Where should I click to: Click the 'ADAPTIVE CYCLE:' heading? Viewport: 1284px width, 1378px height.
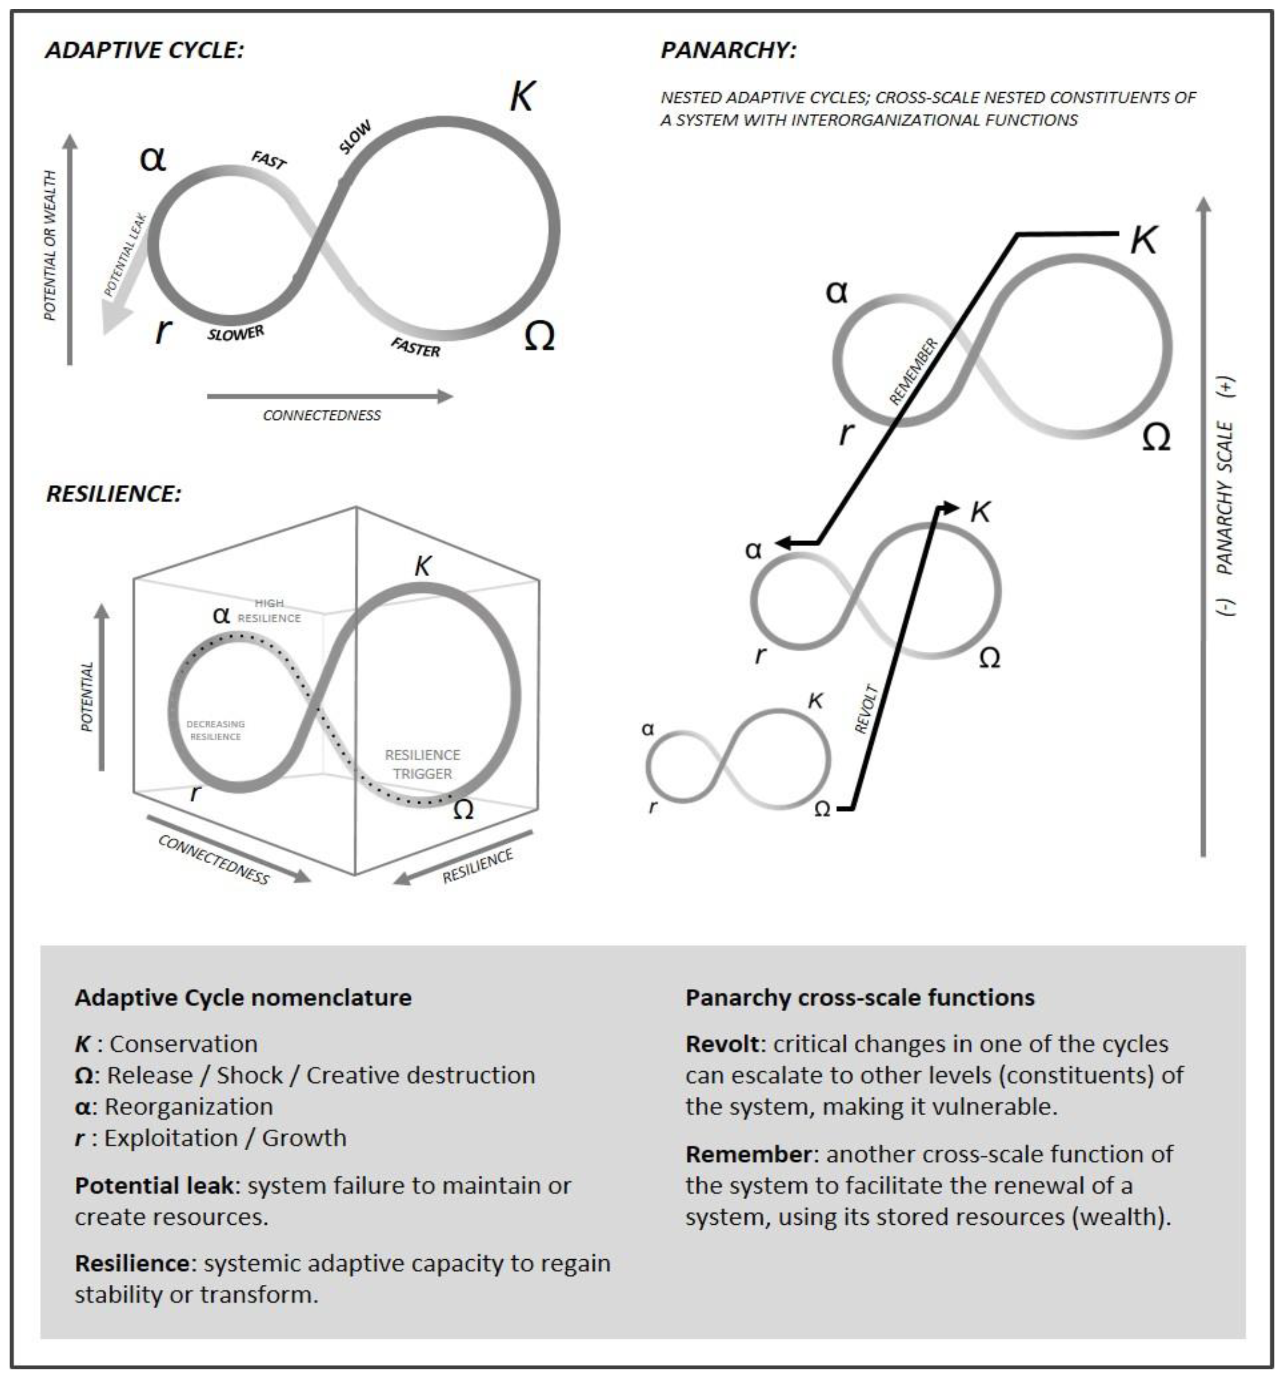pyautogui.click(x=144, y=50)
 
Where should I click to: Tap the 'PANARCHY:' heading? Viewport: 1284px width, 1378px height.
pyautogui.click(x=728, y=50)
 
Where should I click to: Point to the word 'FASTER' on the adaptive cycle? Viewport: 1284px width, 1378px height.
pyautogui.click(x=414, y=346)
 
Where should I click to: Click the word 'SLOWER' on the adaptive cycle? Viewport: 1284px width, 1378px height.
pyautogui.click(x=236, y=334)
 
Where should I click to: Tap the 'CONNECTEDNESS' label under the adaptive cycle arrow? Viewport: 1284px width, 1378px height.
pyautogui.click(x=322, y=415)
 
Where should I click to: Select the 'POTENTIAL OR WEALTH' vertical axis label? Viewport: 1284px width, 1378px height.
pyautogui.click(x=50, y=246)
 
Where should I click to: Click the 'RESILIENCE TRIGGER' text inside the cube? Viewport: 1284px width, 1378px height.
pyautogui.click(x=422, y=764)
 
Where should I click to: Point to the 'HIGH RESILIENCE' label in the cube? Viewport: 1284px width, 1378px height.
pyautogui.click(x=269, y=611)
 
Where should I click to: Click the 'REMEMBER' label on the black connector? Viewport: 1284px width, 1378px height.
pyautogui.click(x=912, y=371)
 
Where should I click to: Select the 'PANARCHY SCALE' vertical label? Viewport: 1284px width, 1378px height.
pyautogui.click(x=1226, y=497)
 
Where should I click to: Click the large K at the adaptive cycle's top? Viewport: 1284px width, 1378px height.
pyautogui.click(x=522, y=96)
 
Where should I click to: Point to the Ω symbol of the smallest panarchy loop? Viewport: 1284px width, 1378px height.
pyautogui.click(x=822, y=809)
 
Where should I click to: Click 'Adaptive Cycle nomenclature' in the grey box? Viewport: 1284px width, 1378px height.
pyautogui.click(x=243, y=997)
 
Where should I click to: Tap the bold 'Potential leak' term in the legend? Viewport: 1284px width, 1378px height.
pyautogui.click(x=154, y=1185)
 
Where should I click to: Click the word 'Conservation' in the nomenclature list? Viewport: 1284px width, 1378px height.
pyautogui.click(x=184, y=1044)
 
